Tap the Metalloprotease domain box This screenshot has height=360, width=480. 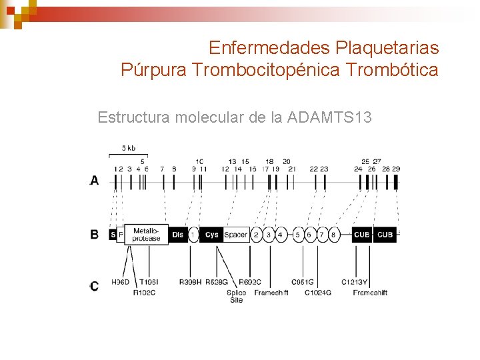coord(146,234)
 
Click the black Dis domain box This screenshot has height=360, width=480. coord(177,235)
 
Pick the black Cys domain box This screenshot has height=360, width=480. coord(211,235)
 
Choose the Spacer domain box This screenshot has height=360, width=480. coord(235,235)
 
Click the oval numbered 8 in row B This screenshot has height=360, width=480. coord(333,235)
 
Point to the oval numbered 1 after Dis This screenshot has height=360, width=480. coord(193,235)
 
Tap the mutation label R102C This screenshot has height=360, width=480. coord(144,292)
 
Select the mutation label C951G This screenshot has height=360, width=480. coord(303,283)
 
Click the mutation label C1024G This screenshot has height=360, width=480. coord(318,292)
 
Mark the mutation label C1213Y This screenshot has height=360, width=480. coord(355,283)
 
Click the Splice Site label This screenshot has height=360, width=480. coord(236,296)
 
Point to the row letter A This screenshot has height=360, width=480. coord(95,180)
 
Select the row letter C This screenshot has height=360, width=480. coord(95,286)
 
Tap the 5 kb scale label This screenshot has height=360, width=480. coord(129,148)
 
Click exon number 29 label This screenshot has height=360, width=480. coord(396,169)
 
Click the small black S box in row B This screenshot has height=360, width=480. coord(113,235)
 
